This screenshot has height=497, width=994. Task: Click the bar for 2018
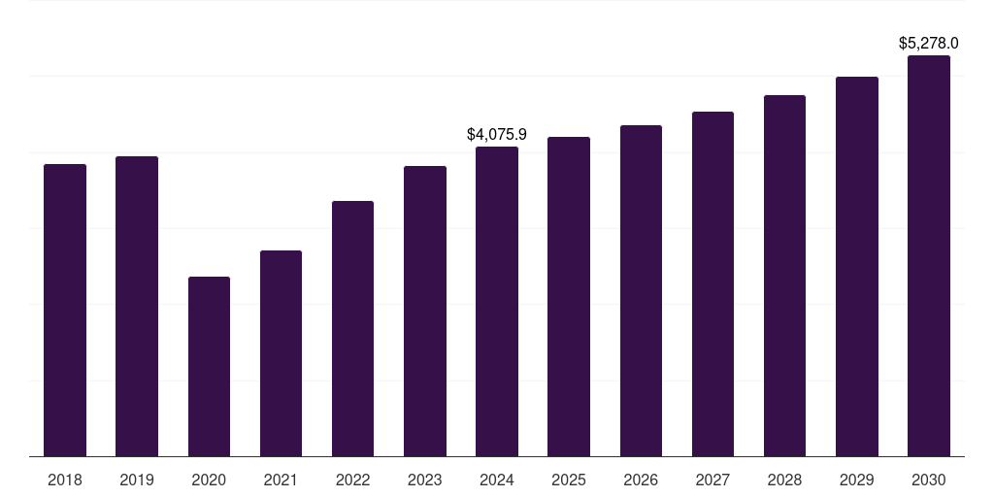coord(65,311)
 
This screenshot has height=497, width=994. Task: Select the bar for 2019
coord(137,307)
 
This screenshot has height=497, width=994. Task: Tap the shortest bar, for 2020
coord(209,367)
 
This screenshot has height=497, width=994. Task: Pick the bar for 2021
coord(281,353)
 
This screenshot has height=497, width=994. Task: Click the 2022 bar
coord(352,329)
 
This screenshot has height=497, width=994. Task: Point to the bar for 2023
coord(425,312)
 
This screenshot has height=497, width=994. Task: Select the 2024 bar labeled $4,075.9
coord(497,302)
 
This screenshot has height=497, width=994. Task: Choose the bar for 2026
coord(641,291)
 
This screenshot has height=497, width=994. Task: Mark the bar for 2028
coord(784,276)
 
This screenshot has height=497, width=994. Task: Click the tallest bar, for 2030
coord(929,256)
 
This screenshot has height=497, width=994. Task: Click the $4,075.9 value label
coord(497,134)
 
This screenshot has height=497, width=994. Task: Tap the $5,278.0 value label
coord(929,43)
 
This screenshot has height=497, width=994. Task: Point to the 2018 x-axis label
coord(65,480)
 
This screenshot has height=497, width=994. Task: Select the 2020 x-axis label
coord(209,480)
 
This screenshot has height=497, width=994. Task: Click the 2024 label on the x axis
coord(497,480)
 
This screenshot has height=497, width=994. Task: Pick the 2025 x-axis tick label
coord(569,480)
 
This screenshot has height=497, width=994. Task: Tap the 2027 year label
coord(712,480)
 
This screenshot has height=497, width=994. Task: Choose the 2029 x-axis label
coord(857,480)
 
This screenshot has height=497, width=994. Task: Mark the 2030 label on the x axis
coord(929,480)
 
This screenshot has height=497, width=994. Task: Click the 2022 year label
coord(352,480)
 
